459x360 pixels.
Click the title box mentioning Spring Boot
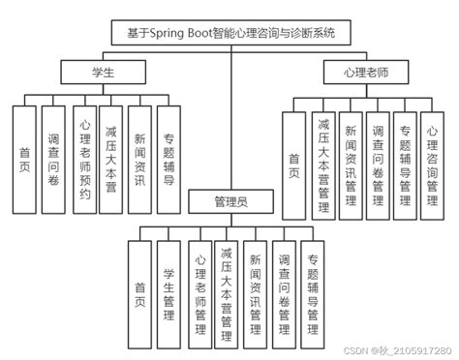(x=229, y=33)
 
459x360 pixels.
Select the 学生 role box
(x=104, y=72)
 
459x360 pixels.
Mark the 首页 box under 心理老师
(x=294, y=160)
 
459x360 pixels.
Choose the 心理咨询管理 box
(x=433, y=160)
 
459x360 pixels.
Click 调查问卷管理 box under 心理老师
(x=378, y=160)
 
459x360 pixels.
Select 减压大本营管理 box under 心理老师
(x=322, y=160)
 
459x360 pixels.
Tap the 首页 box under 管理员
(x=141, y=290)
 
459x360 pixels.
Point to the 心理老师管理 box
(x=199, y=290)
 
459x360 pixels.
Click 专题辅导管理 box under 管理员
(x=313, y=290)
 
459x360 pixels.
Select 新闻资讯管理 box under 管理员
(x=256, y=290)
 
